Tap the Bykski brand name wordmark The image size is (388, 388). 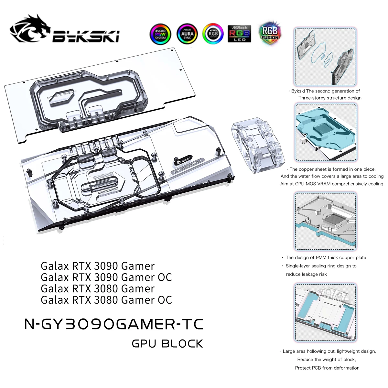click(x=86, y=36)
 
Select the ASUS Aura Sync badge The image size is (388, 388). click(x=187, y=34)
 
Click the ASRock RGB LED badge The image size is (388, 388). click(x=239, y=34)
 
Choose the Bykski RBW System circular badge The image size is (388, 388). click(x=160, y=34)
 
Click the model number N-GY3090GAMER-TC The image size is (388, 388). click(x=114, y=324)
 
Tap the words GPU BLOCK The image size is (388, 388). click(x=167, y=344)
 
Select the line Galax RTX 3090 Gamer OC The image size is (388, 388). click(x=106, y=277)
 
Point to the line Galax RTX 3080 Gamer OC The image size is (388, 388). click(x=106, y=300)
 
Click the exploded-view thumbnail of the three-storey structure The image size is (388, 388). click(x=325, y=57)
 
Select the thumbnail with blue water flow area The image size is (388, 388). click(x=326, y=132)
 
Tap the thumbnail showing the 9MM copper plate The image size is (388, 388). click(x=326, y=221)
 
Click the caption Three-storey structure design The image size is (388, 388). click(x=330, y=98)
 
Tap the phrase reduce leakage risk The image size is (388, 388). click(x=306, y=274)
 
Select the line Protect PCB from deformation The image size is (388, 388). click(x=327, y=368)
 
